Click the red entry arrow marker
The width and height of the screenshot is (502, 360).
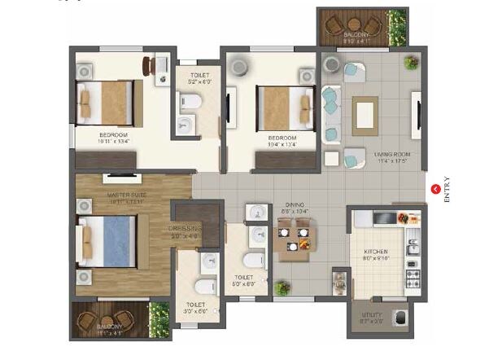(435, 189)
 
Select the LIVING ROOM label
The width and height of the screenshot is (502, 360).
(392, 154)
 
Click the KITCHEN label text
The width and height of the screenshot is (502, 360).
(376, 252)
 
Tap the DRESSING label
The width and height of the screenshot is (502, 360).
(185, 229)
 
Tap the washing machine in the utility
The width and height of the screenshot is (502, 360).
(399, 316)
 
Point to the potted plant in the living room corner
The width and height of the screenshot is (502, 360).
(411, 62)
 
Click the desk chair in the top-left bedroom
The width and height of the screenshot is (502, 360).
(148, 65)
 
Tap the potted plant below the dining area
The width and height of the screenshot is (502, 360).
(282, 288)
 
